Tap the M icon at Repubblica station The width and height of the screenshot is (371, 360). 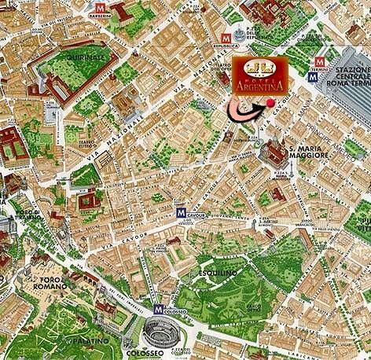tap(228, 37)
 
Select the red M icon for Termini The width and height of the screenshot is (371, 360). tap(321, 61)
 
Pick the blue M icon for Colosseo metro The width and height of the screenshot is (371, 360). tap(160, 309)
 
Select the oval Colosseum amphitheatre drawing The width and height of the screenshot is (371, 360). tap(160, 330)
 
